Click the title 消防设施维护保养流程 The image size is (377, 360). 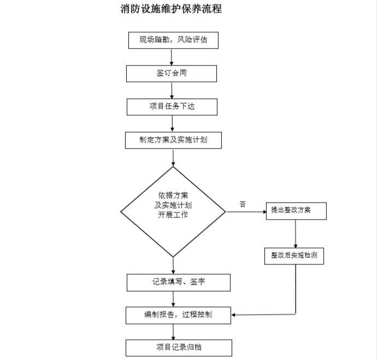[x=171, y=9]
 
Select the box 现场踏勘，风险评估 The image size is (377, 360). [x=173, y=40]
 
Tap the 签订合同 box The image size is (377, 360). [x=172, y=74]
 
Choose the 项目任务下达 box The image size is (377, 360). [x=172, y=107]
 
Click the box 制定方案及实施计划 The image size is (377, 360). [x=173, y=140]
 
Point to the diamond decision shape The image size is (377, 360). [x=173, y=212]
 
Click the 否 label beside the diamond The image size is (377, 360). [x=243, y=204]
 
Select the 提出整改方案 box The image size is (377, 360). [x=296, y=211]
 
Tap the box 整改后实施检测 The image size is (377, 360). [x=294, y=256]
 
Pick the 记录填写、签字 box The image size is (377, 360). [x=179, y=282]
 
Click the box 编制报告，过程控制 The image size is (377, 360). [x=179, y=315]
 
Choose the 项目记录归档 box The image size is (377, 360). [x=179, y=348]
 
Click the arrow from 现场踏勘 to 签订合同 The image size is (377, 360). [x=172, y=57]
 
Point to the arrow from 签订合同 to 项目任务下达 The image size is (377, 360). [x=172, y=90]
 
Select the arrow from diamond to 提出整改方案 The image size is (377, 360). [x=246, y=212]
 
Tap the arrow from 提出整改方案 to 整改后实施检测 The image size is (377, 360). [x=296, y=234]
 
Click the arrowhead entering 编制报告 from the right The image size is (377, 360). [x=233, y=315]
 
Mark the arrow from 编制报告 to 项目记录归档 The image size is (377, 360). [x=173, y=332]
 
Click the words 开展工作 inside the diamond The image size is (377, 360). [x=173, y=215]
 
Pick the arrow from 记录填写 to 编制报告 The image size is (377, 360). [x=173, y=299]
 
